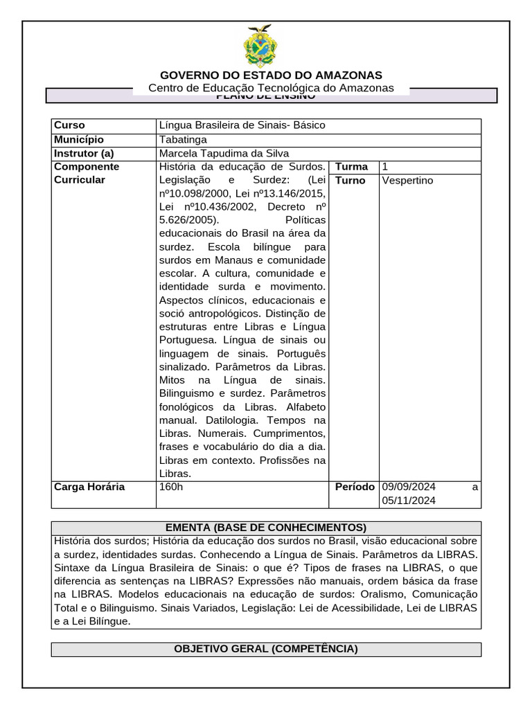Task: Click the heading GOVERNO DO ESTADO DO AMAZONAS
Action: (x=271, y=75)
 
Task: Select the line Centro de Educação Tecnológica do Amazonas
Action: (x=271, y=88)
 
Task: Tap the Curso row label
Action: (x=69, y=125)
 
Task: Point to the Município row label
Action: (x=78, y=139)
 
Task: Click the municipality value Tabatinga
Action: (x=183, y=139)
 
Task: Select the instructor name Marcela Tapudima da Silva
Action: (x=224, y=153)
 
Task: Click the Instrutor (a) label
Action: (x=84, y=153)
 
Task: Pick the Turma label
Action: (x=352, y=167)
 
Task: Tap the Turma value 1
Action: (x=385, y=167)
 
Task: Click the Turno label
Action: (x=351, y=180)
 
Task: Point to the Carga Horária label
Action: (x=89, y=487)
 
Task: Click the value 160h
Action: (x=172, y=487)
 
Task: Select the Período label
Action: (x=355, y=487)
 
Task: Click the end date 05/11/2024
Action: (x=409, y=501)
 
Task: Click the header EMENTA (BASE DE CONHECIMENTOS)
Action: (x=266, y=528)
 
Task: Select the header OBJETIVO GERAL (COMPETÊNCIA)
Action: (x=266, y=649)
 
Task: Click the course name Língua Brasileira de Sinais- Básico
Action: (x=242, y=125)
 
